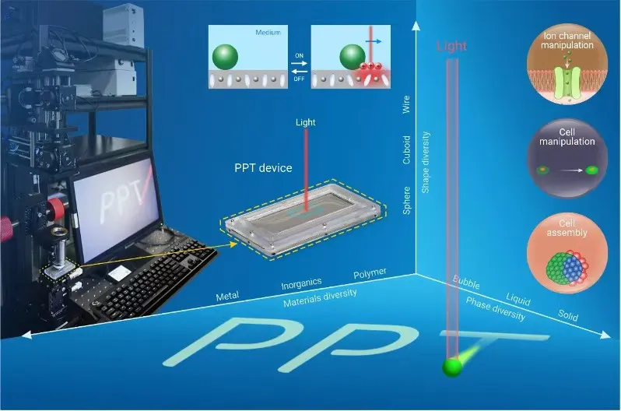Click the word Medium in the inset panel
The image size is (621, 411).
click(268, 33)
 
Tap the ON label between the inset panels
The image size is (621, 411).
click(300, 56)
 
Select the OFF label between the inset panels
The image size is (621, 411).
click(300, 79)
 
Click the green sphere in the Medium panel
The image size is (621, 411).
click(225, 57)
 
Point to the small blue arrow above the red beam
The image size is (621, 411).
click(374, 40)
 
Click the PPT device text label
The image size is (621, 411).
click(263, 168)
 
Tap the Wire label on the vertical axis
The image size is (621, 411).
click(406, 104)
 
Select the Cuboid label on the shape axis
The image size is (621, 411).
click(406, 149)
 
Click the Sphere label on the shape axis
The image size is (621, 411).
click(406, 201)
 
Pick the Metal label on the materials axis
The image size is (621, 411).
click(227, 296)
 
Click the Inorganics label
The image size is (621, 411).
click(301, 283)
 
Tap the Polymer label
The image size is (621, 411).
click(370, 273)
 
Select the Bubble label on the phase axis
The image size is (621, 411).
click(466, 283)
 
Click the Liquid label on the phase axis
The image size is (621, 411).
click(518, 299)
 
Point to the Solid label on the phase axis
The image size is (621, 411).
click(568, 314)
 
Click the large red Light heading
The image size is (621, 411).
click(451, 46)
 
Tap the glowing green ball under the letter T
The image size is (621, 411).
click(452, 367)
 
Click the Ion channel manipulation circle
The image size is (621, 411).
click(567, 64)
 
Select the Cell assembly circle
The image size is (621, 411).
click(567, 253)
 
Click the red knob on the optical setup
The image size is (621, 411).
click(56, 209)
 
